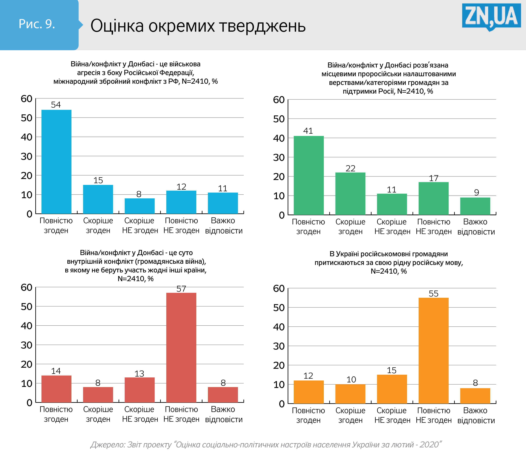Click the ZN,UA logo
click(491, 17)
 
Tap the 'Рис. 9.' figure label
click(37, 24)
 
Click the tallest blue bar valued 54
click(56, 162)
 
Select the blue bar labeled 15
click(98, 199)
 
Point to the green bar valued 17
click(434, 199)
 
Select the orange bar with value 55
click(434, 351)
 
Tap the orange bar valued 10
click(350, 394)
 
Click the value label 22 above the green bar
click(350, 168)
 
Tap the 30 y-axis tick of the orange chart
click(279, 346)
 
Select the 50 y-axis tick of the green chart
click(279, 119)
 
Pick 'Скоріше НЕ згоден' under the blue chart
click(140, 225)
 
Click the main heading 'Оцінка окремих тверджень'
click(198, 26)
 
